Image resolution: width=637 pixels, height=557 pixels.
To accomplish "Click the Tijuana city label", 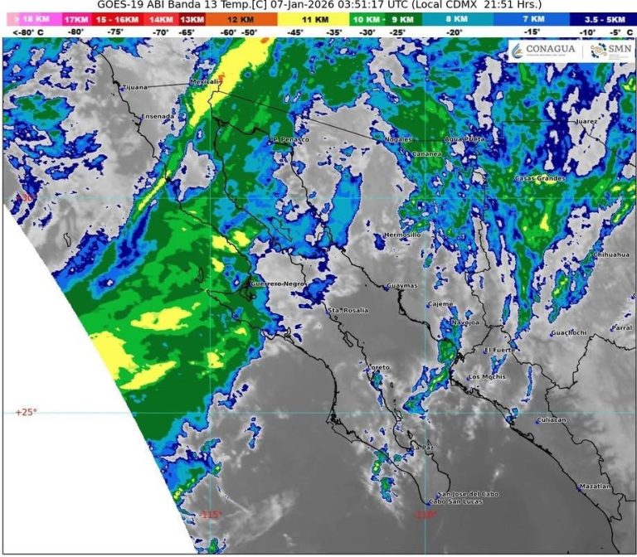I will [x=134, y=87].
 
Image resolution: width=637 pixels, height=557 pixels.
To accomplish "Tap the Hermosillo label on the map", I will [x=403, y=235].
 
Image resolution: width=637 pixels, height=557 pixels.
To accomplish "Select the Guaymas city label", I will [x=401, y=287].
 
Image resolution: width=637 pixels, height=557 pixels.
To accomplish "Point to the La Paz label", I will [x=423, y=448].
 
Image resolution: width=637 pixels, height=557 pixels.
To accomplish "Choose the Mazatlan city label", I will [x=594, y=486].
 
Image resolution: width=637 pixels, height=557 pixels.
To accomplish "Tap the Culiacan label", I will [x=552, y=420].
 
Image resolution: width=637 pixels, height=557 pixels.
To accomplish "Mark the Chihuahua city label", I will [x=610, y=254].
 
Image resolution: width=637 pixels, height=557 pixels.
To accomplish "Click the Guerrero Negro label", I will [x=275, y=284].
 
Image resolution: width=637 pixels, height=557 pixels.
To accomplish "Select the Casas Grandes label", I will [x=540, y=179].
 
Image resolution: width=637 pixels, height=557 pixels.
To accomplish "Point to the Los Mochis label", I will [x=487, y=377].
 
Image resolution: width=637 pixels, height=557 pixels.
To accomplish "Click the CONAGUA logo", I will [x=542, y=51].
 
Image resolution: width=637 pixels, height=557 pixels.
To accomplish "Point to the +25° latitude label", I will [x=27, y=412].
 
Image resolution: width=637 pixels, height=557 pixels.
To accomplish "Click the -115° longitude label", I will [x=211, y=515].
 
